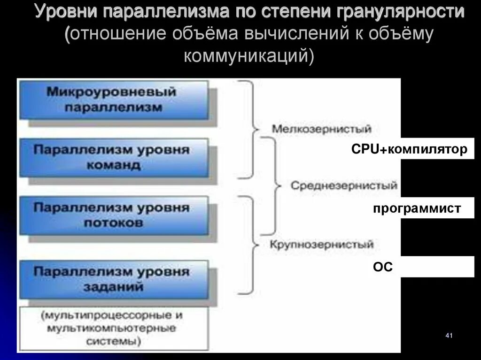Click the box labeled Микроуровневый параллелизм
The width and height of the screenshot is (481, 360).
click(x=113, y=99)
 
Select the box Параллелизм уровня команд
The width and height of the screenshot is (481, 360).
click(x=113, y=157)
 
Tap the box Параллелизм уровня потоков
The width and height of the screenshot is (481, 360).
click(x=113, y=215)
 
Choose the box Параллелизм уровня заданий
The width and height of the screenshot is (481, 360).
click(x=113, y=279)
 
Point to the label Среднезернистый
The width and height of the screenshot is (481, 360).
click(x=344, y=186)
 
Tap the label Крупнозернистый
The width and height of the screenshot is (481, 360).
click(x=322, y=245)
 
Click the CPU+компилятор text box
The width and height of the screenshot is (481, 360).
click(x=409, y=150)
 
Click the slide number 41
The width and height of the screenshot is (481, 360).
click(x=448, y=335)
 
